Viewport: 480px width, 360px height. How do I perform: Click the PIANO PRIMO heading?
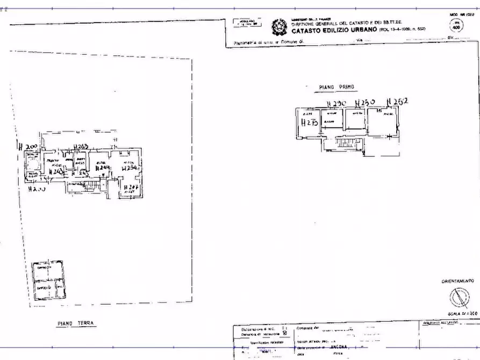[x=337, y=87]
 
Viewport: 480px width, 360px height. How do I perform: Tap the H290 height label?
[x=336, y=103]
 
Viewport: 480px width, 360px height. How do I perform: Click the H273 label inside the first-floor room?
[x=310, y=123]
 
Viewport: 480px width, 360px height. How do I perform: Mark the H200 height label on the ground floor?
[x=27, y=147]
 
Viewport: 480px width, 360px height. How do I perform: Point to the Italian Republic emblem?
[x=279, y=26]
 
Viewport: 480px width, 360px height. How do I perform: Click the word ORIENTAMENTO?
[x=457, y=281]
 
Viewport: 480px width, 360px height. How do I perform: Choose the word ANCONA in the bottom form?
[x=340, y=348]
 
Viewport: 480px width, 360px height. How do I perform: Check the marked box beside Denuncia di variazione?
[x=285, y=334]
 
